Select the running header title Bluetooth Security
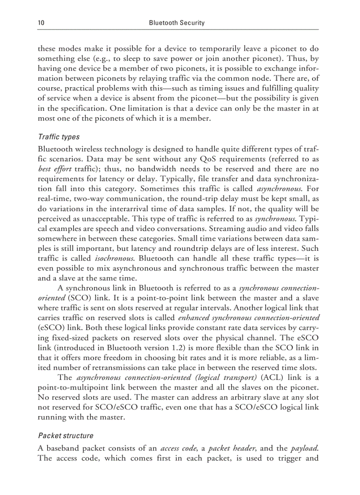point(176,23)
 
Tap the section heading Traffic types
point(59,137)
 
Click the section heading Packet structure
point(66,435)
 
